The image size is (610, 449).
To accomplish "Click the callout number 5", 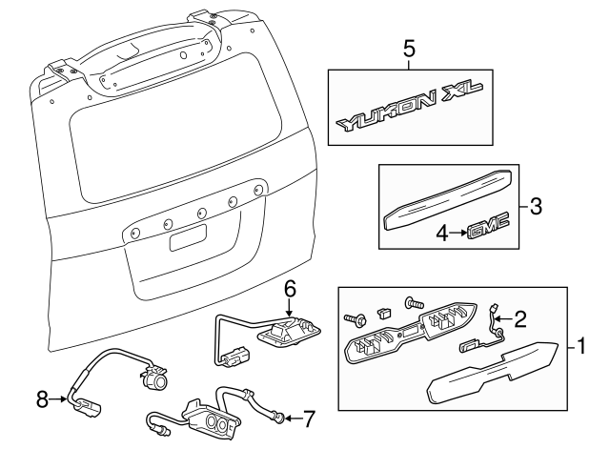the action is [409, 49].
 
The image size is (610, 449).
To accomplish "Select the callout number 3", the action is [536, 206].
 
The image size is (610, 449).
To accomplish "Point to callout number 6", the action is [290, 289].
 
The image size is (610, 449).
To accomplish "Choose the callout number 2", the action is [520, 319].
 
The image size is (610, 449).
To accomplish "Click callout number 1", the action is [581, 346].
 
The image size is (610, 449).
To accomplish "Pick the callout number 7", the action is [309, 419].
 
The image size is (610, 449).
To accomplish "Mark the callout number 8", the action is [42, 398].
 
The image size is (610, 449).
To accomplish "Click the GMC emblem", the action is [488, 228].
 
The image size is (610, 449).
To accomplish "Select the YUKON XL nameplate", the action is [409, 107].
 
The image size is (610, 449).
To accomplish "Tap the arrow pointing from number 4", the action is [457, 233].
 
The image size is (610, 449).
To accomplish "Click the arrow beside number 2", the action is [505, 319].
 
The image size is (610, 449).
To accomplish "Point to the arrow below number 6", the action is [288, 307].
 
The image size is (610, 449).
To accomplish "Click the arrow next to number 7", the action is [294, 419].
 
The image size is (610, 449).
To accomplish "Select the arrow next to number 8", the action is [57, 398].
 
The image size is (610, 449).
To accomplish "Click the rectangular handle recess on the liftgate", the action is [188, 237].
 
